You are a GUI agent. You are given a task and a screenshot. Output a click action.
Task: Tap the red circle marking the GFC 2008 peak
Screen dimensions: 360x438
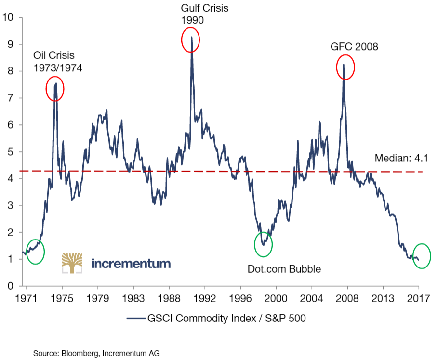click(345, 67)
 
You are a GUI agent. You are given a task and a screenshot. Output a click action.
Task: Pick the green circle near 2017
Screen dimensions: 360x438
click(422, 255)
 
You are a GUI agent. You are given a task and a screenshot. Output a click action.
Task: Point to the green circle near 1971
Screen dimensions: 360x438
click(35, 252)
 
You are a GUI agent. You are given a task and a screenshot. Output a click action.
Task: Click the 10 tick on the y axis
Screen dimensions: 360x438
click(8, 18)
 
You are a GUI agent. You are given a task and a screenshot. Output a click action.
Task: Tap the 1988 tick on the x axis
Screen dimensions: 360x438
click(169, 299)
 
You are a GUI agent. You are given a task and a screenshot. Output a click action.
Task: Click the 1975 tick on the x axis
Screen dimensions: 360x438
click(62, 299)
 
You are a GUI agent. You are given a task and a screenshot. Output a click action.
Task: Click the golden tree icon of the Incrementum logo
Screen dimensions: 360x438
click(72, 263)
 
